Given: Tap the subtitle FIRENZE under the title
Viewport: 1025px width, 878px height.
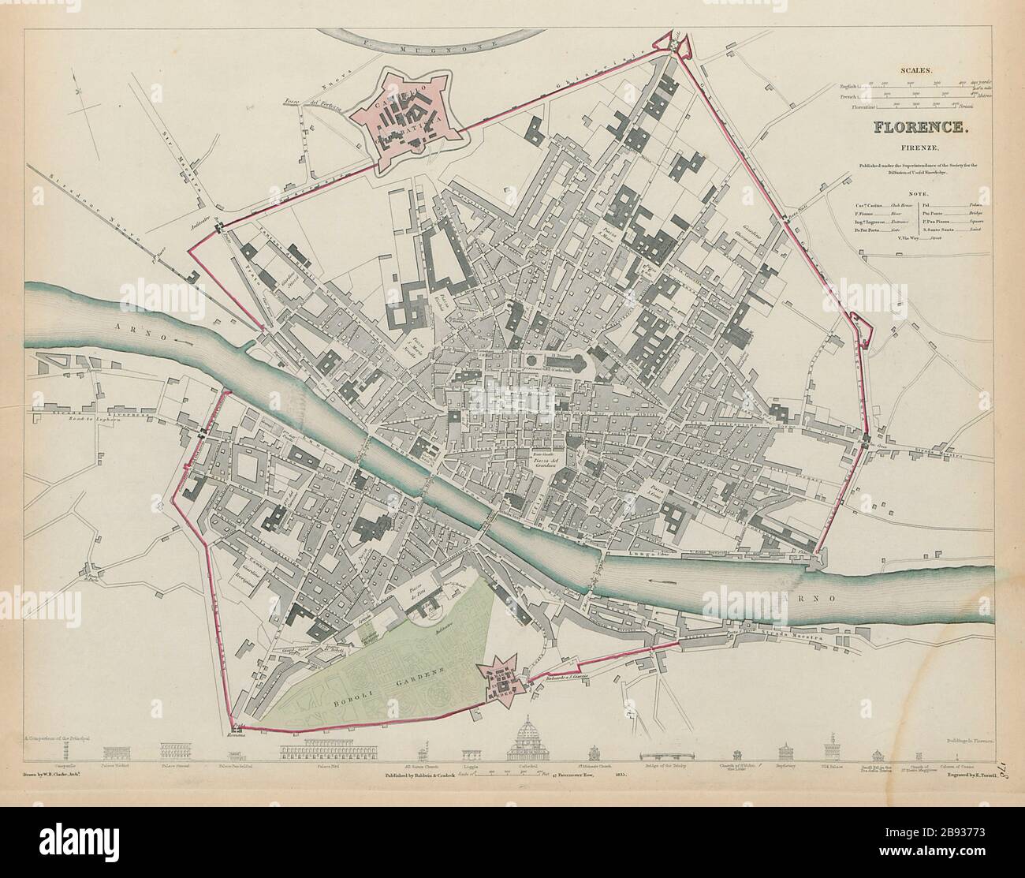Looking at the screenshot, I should (908, 148).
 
